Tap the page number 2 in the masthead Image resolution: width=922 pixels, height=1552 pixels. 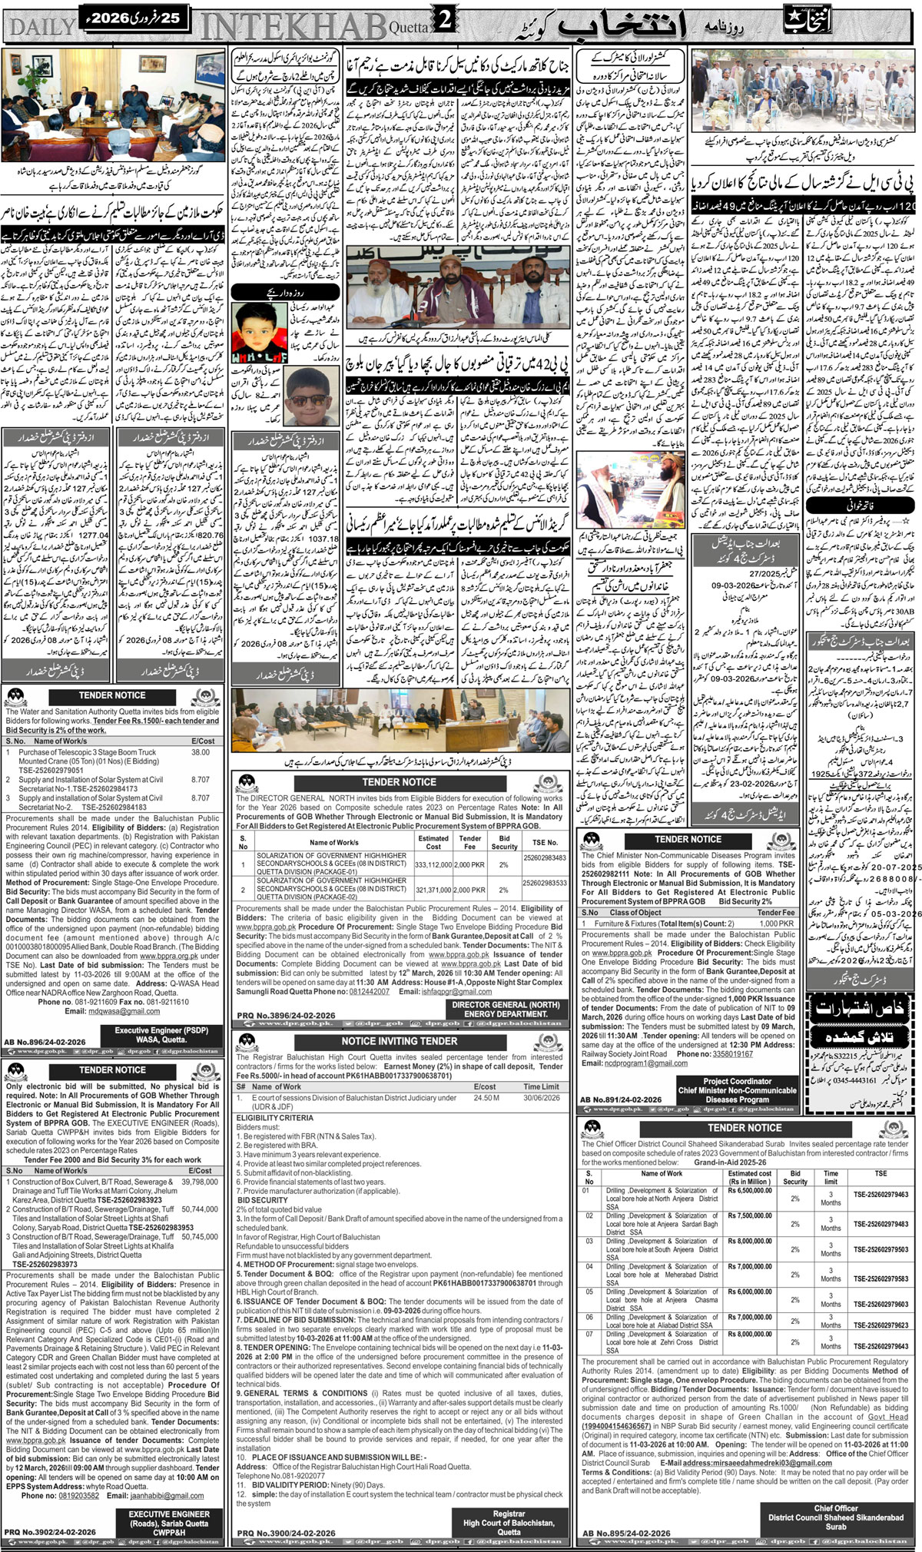point(445,23)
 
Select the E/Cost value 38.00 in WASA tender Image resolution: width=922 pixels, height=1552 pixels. point(201,752)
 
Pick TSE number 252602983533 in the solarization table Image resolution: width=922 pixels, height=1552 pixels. point(545,884)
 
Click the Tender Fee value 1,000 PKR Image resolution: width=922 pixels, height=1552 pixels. point(776,923)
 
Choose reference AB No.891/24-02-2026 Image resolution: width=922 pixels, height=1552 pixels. point(621,1100)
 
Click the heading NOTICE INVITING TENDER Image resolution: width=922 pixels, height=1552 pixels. point(399,1040)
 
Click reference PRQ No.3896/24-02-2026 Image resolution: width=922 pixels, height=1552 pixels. point(283,1015)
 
